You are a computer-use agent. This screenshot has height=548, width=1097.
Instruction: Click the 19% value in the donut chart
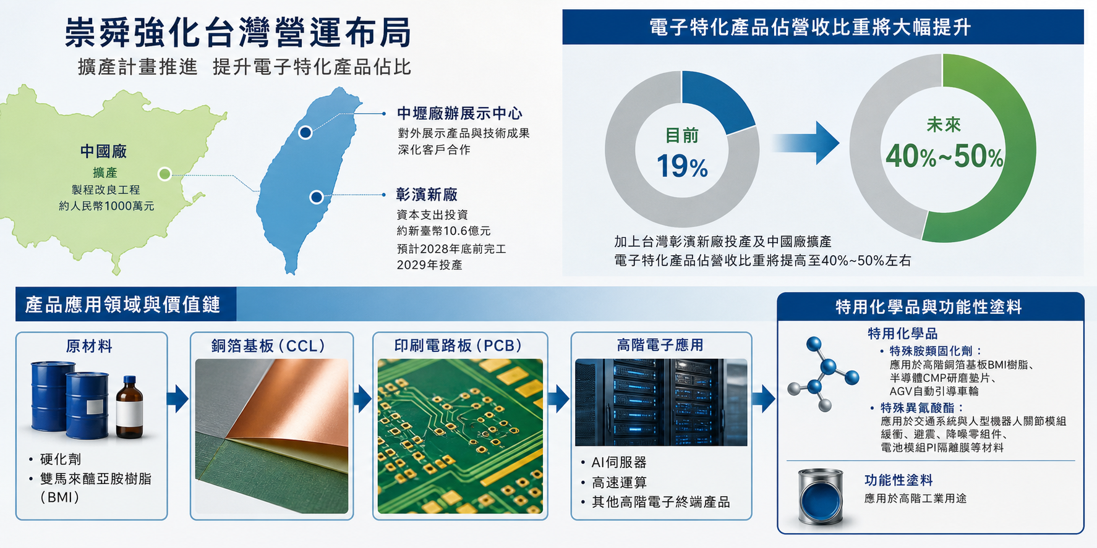pos(682,166)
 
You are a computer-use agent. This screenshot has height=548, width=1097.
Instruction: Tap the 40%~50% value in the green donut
pos(944,156)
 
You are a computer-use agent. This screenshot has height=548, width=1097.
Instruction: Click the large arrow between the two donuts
pos(805,143)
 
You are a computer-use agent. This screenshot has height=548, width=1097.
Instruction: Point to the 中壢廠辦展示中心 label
pos(459,114)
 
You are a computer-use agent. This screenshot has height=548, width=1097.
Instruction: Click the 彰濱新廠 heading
pos(427,195)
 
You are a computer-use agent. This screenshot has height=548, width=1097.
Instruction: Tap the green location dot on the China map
pos(164,174)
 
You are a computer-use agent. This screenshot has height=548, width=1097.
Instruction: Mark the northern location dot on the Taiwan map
pos(305,132)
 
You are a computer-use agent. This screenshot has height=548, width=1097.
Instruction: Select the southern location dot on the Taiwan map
pos(317,197)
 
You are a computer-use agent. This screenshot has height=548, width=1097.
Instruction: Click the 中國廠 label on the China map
pos(103,151)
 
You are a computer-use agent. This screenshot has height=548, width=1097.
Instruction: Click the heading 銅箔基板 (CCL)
pos(268,346)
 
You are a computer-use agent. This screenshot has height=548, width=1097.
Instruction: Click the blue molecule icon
pos(822,374)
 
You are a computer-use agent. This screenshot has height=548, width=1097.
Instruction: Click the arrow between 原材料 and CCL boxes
pos(177,398)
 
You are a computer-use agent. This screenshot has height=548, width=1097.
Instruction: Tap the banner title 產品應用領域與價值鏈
pos(122,305)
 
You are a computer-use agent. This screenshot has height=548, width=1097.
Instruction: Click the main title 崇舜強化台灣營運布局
pos(238,33)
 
